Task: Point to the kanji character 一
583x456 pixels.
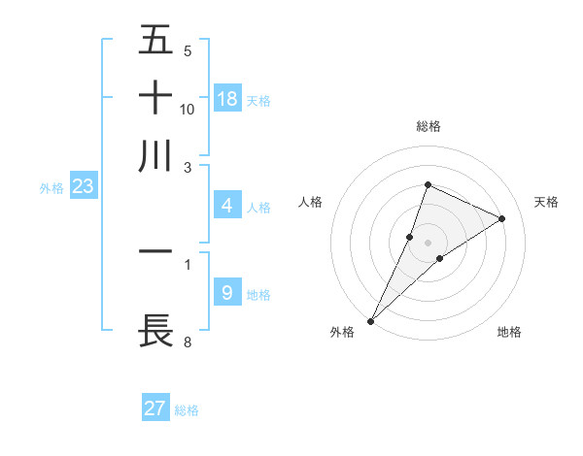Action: [155, 251]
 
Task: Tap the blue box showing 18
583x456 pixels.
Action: [227, 98]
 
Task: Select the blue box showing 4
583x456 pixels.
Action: [227, 206]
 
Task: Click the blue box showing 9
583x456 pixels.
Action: [227, 293]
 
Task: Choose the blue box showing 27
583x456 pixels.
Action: [155, 408]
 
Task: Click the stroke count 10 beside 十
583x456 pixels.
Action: [188, 109]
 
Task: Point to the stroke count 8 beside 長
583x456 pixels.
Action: [187, 342]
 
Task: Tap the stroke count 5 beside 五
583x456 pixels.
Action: [187, 50]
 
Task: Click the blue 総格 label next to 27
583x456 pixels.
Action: [187, 410]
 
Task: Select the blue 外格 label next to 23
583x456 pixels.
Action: [51, 189]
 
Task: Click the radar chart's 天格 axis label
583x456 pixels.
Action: [547, 202]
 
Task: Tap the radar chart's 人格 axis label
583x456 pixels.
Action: [311, 202]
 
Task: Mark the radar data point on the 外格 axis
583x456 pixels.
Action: [371, 320]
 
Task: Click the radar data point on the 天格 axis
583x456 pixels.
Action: [502, 218]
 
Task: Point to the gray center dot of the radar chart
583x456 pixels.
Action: [429, 242]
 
